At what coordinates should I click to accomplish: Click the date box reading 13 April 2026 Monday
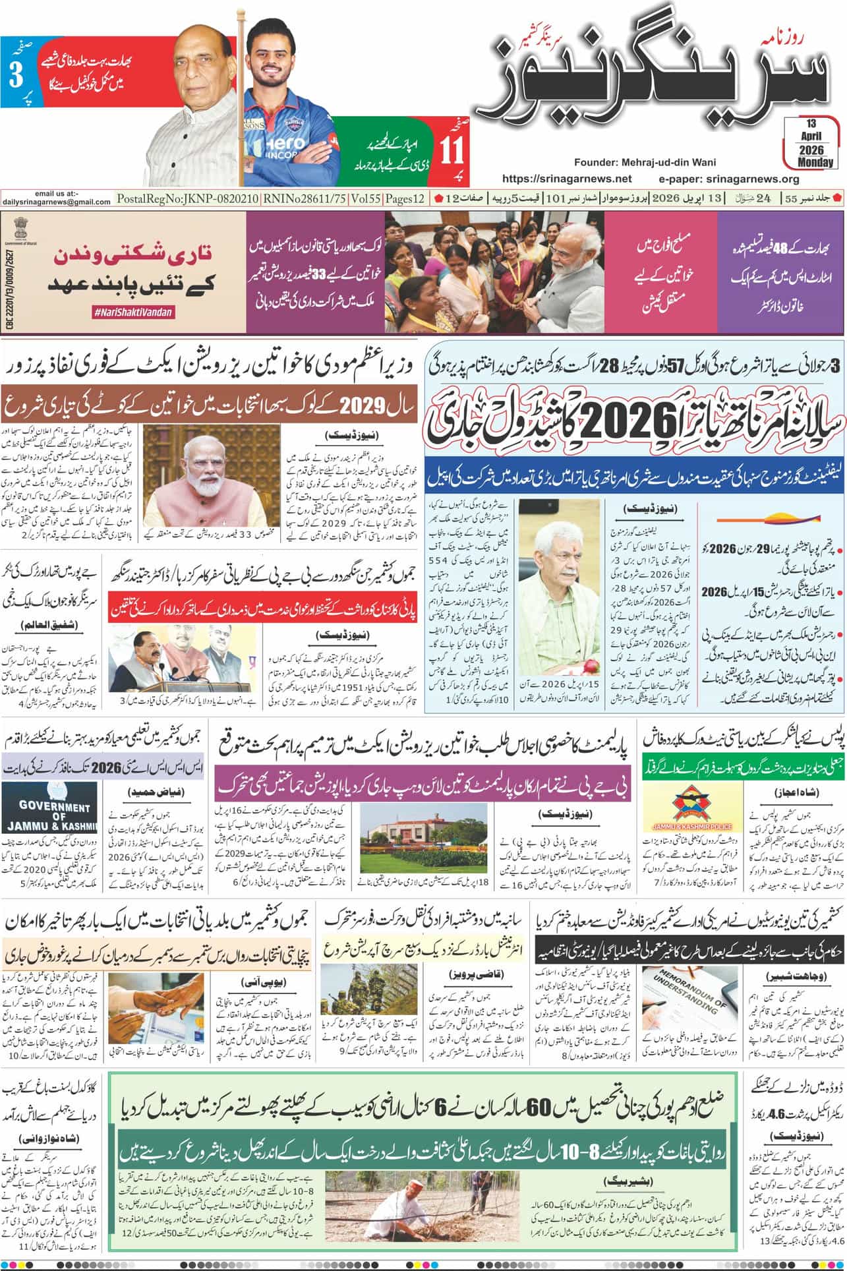[808, 144]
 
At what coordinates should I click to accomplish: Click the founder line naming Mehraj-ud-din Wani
[645, 162]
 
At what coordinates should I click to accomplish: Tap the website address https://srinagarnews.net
[567, 179]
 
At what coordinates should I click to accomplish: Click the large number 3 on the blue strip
[16, 74]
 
